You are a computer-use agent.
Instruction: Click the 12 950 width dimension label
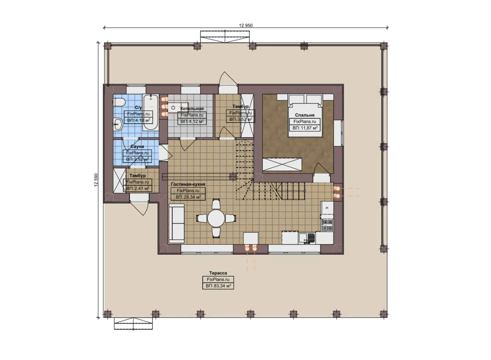[x=246, y=25]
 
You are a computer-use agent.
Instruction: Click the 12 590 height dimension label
[x=96, y=180]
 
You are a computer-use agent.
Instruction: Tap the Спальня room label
[x=304, y=115]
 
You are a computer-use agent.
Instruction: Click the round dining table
[x=216, y=218]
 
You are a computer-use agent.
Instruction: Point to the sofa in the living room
[x=176, y=223]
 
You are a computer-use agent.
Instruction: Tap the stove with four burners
[x=327, y=225]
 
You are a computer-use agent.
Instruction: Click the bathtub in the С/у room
[x=151, y=112]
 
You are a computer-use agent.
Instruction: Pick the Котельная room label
[x=192, y=109]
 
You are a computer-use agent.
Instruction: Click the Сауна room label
[x=137, y=147]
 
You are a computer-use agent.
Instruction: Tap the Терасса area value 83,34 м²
[x=218, y=286]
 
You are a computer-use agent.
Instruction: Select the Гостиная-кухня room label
[x=188, y=184]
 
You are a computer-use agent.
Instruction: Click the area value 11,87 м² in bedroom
[x=305, y=128]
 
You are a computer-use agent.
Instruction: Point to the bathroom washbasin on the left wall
[x=117, y=125]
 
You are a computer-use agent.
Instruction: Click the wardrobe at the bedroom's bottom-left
[x=282, y=164]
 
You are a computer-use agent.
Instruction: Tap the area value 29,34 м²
[x=188, y=197]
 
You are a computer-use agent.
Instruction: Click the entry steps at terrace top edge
[x=225, y=36]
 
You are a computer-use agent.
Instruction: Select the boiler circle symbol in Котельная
[x=173, y=108]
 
